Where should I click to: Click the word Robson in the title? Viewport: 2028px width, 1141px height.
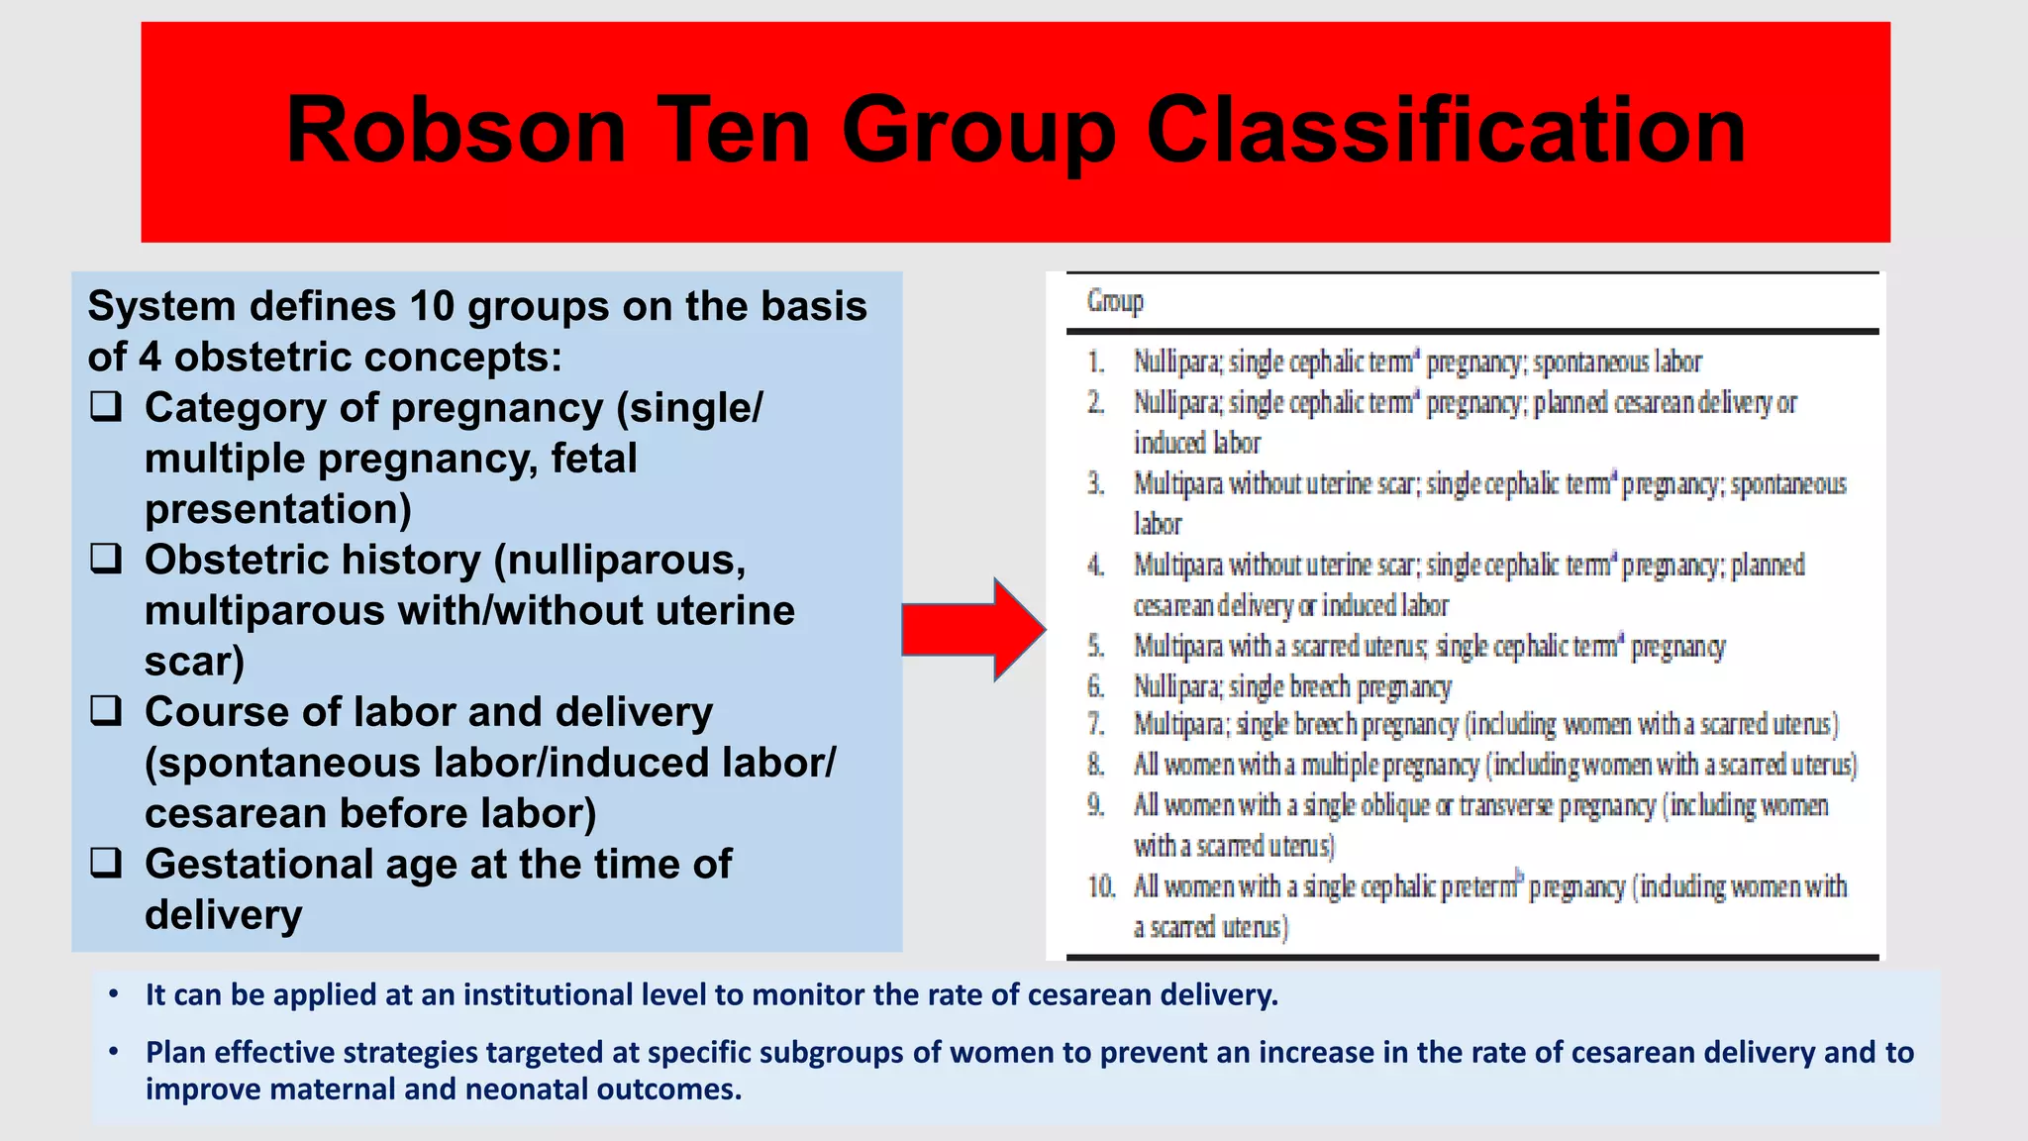coord(456,131)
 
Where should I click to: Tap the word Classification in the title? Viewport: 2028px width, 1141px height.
coord(1445,131)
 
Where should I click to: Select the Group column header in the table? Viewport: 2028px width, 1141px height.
coord(1115,301)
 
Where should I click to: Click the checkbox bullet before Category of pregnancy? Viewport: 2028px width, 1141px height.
coord(106,407)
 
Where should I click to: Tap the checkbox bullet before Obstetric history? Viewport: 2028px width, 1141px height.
coord(106,560)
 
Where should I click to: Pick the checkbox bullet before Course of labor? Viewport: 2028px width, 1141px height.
coord(106,711)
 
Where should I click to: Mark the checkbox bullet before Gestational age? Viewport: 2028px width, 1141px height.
coord(106,864)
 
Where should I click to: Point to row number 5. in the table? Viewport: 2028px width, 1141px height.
coord(1095,647)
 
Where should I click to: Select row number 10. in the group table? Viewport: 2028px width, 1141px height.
coord(1101,886)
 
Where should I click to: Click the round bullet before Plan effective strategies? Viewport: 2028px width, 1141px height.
coord(114,1052)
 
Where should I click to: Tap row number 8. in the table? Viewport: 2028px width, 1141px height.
coord(1095,765)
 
